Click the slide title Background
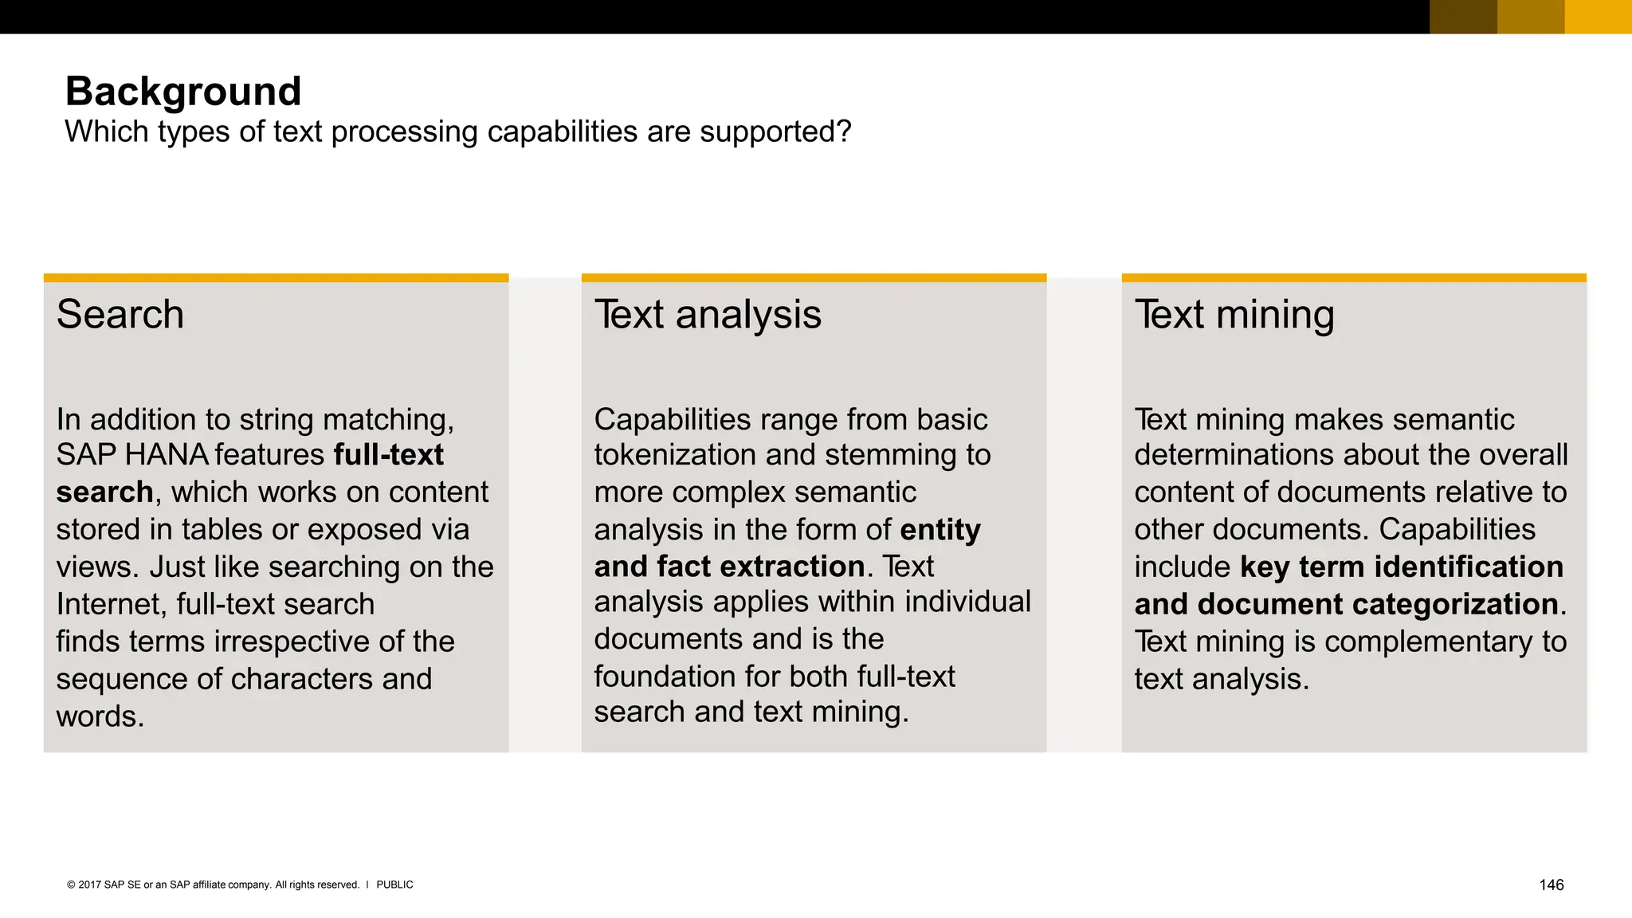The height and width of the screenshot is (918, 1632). tap(183, 92)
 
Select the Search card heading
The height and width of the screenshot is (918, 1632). tap(120, 315)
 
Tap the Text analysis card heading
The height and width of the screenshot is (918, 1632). tap(708, 315)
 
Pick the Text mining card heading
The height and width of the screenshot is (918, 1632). tap(1234, 315)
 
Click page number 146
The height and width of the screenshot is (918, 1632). tap(1551, 885)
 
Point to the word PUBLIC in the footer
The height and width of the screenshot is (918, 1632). tap(394, 885)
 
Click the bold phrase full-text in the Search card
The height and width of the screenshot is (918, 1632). tap(388, 455)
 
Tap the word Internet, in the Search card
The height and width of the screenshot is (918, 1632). tap(111, 605)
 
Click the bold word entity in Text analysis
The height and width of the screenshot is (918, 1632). tap(940, 530)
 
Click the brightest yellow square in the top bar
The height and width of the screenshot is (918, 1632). tap(1598, 17)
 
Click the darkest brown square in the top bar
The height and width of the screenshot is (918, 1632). tap(1463, 17)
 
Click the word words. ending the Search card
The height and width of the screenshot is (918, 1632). tap(100, 716)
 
